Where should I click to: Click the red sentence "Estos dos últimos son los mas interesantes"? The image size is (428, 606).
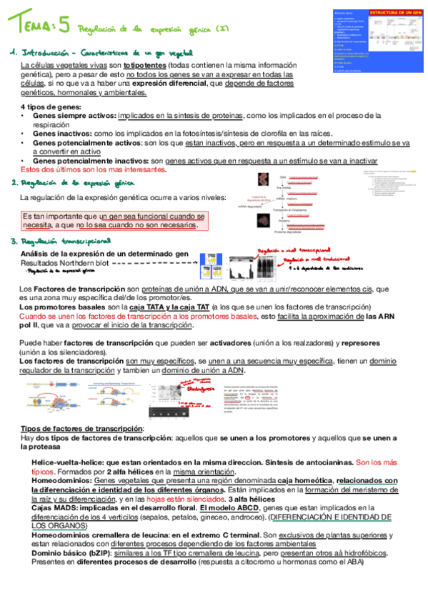pyautogui.click(x=94, y=170)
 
